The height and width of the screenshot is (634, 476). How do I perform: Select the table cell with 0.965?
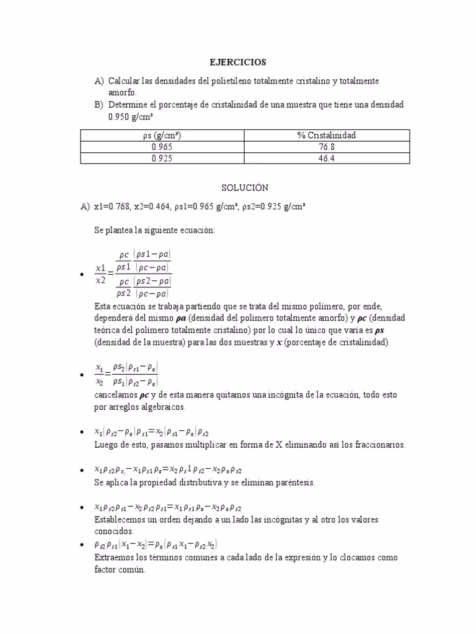[162, 147]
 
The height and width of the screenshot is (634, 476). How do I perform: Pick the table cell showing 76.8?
[327, 147]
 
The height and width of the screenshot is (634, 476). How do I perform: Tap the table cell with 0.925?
[162, 158]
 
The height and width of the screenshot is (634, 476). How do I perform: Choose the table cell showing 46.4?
[327, 158]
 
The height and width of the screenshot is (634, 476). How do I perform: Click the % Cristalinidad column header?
[327, 136]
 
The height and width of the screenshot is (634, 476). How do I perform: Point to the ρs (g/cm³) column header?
[162, 136]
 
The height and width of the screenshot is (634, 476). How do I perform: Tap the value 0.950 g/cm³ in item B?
[131, 116]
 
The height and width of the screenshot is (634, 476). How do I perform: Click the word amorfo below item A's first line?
[121, 93]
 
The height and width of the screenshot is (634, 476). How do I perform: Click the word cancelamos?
[116, 395]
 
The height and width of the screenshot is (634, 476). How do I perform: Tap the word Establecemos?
[121, 519]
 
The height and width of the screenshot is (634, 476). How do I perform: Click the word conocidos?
[114, 531]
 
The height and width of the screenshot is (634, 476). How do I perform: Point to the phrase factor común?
[119, 570]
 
